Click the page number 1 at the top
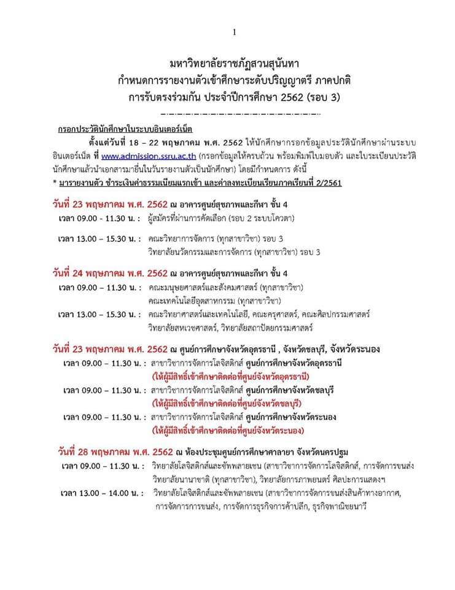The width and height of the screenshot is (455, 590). pyautogui.click(x=234, y=33)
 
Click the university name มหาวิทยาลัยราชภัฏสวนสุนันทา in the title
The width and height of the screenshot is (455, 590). pyautogui.click(x=233, y=64)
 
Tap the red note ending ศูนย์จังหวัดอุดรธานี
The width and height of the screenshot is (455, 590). pyautogui.click(x=231, y=376)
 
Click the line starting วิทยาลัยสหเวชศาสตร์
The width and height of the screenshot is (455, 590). pyautogui.click(x=230, y=328)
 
